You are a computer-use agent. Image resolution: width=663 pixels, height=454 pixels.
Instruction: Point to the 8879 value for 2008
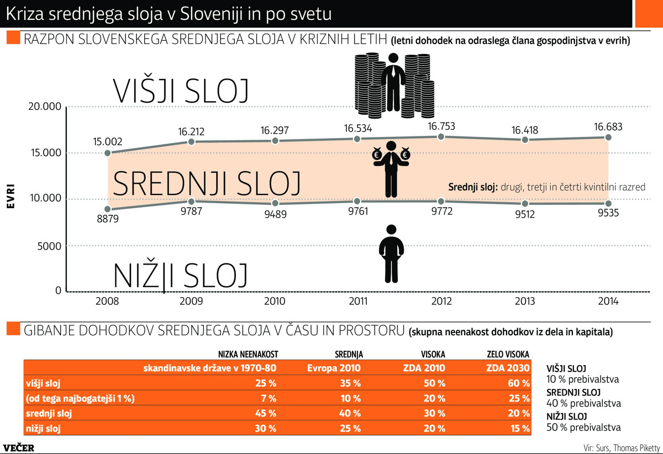point(108,219)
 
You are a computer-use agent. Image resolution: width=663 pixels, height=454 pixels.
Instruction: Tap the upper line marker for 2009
point(191,142)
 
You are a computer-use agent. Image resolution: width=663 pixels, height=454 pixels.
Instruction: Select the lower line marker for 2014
point(608,203)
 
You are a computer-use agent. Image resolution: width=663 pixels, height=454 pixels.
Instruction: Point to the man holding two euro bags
point(392,168)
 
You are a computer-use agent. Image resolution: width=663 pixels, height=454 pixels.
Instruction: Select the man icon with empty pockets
point(392,254)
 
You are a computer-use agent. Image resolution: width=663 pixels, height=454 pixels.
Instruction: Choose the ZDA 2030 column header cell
point(508,368)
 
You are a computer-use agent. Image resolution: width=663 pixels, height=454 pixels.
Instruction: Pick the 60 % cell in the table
point(518,383)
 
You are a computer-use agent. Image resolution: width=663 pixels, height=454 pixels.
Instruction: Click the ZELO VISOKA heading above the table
point(508,354)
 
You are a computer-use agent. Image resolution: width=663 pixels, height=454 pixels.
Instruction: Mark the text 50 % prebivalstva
point(583,427)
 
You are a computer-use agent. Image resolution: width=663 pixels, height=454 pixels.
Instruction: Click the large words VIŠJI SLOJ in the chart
point(181,91)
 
